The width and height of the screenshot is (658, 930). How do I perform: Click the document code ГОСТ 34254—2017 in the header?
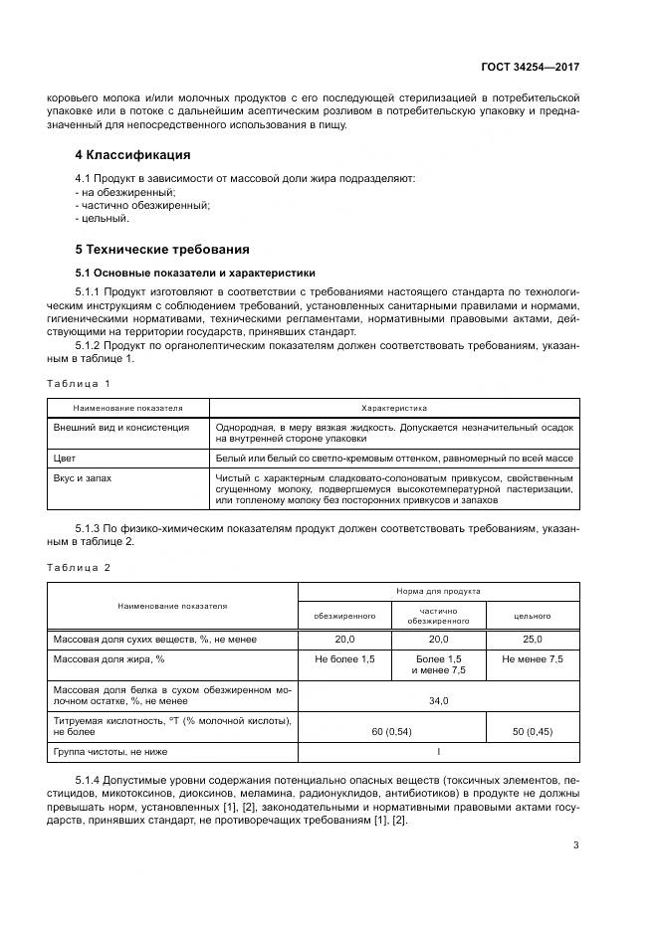(x=531, y=67)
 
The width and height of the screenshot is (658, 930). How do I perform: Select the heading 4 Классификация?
(x=132, y=155)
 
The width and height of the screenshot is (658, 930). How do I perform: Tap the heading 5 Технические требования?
(x=162, y=249)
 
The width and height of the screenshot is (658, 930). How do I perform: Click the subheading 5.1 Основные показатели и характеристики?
(x=195, y=272)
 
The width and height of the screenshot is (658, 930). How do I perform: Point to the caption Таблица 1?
(x=79, y=383)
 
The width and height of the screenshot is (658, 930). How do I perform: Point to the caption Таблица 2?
(x=79, y=567)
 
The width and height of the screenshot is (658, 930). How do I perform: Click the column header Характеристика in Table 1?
(x=393, y=407)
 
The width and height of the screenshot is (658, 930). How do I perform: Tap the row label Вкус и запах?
(x=82, y=478)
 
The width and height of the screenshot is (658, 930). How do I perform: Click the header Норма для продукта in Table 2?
(x=438, y=590)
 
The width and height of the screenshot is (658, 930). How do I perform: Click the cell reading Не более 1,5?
(x=344, y=659)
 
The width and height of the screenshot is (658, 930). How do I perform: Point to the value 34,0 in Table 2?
(x=438, y=700)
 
